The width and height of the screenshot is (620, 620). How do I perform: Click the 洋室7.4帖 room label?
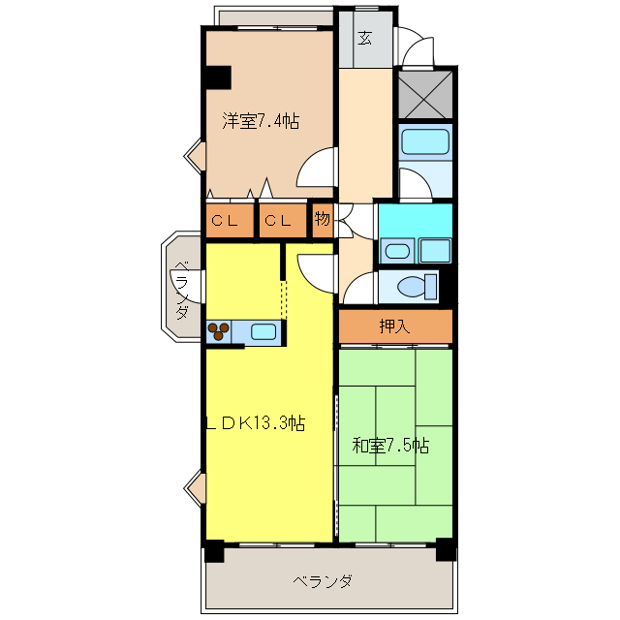point(260,121)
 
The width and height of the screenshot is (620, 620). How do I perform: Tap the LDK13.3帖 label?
point(256,422)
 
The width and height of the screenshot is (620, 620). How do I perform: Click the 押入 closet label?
point(394,326)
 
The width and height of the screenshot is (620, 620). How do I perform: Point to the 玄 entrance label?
point(364,38)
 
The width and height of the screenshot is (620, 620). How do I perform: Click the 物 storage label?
point(323,220)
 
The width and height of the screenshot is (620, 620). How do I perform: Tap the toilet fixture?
point(415,287)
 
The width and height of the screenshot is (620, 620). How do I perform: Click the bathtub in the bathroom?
point(425,142)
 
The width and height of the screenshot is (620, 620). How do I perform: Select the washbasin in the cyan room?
point(396,252)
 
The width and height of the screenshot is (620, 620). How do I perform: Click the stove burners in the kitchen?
point(219,331)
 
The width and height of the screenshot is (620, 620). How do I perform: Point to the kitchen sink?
point(263,331)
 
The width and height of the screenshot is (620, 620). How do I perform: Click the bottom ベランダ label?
point(323,581)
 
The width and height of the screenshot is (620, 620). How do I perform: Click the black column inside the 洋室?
point(217,77)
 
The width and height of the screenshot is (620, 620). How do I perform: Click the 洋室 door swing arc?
point(318,167)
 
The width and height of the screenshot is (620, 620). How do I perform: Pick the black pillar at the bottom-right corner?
point(445,551)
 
